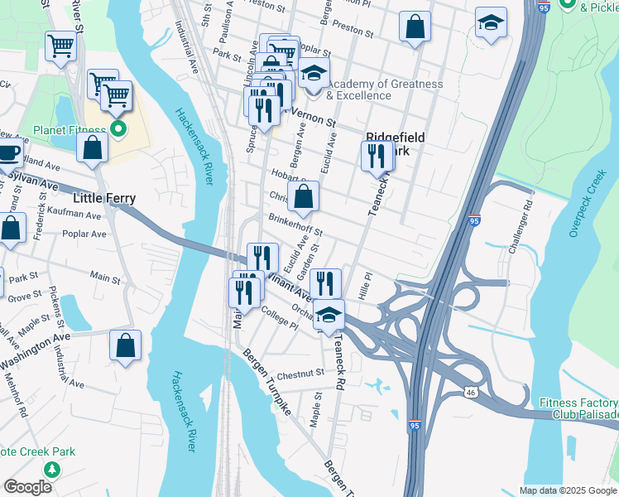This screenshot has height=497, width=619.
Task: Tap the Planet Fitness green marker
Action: [118, 128]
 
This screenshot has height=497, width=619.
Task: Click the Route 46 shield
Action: [470, 391]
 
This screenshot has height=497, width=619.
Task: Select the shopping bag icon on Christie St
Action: [304, 197]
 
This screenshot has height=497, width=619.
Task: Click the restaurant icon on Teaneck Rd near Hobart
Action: [377, 155]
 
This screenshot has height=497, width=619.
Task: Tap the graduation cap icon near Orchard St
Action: [329, 315]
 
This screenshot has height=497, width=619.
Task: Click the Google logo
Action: [27, 486]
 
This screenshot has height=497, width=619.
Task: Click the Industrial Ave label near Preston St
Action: [188, 46]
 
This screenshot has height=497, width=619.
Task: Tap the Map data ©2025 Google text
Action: [568, 490]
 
